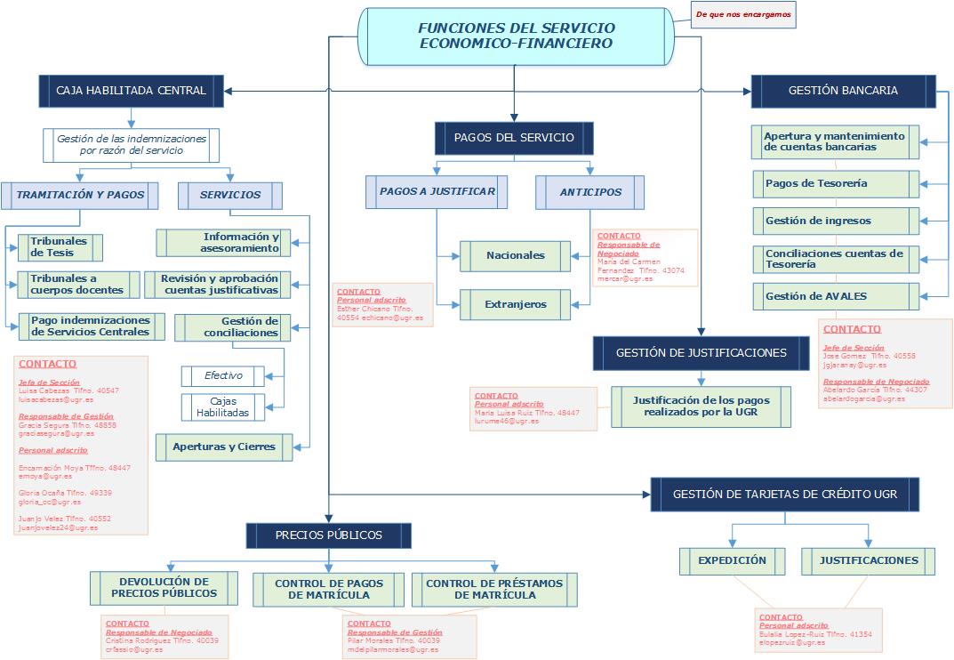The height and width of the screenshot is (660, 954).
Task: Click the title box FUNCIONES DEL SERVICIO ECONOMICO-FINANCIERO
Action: click(515, 36)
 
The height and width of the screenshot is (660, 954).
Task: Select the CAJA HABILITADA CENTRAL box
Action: click(131, 90)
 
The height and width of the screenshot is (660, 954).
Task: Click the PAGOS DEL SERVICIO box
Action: click(514, 138)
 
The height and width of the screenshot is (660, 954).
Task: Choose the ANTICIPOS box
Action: click(590, 192)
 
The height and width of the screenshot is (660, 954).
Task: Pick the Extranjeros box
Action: click(516, 304)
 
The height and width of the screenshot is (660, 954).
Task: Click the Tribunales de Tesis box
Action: click(60, 247)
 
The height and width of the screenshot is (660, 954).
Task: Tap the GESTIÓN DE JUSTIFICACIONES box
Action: click(701, 352)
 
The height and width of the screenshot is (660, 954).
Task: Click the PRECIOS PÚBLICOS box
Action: click(329, 535)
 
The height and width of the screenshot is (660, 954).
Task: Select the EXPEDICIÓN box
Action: click(732, 561)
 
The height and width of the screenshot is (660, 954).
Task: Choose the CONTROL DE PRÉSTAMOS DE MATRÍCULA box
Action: click(494, 590)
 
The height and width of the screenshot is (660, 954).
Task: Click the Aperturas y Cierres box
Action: click(224, 447)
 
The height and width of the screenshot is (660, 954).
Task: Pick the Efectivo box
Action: click(223, 376)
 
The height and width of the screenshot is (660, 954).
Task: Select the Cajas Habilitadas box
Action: click(223, 407)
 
